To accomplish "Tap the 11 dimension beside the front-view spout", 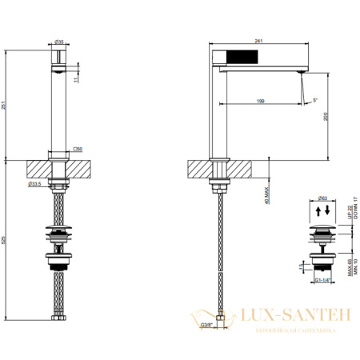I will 76,80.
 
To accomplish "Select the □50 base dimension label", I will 78,148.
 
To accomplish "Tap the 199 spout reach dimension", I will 259,100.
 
